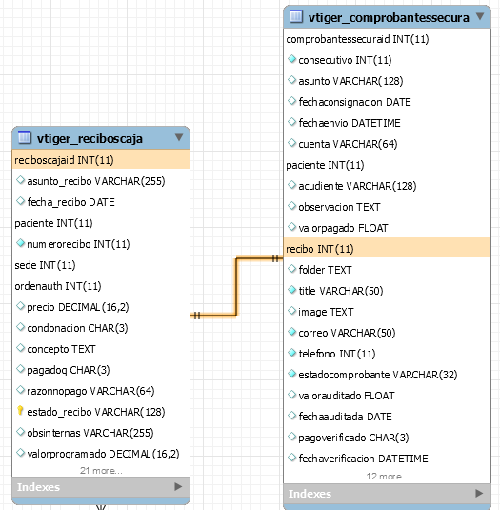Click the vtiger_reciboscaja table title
click(x=90, y=139)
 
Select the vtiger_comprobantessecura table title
click(x=389, y=17)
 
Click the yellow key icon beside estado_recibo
click(x=20, y=411)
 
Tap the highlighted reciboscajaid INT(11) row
click(x=101, y=160)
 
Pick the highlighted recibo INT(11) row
click(x=387, y=249)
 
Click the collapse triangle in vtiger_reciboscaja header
click(x=179, y=137)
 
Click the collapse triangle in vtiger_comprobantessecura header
click(x=480, y=16)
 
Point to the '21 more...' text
click(x=101, y=471)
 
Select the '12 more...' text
click(x=388, y=477)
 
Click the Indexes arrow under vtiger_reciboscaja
click(x=178, y=486)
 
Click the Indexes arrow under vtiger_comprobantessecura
click(x=479, y=493)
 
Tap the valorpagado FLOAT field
click(x=343, y=228)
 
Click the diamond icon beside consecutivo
click(x=292, y=59)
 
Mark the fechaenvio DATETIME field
click(x=350, y=123)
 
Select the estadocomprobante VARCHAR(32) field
click(x=378, y=375)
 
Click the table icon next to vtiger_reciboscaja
click(x=25, y=137)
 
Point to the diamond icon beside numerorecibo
click(x=20, y=243)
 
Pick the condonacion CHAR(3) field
click(x=77, y=328)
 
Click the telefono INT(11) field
click(x=337, y=354)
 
